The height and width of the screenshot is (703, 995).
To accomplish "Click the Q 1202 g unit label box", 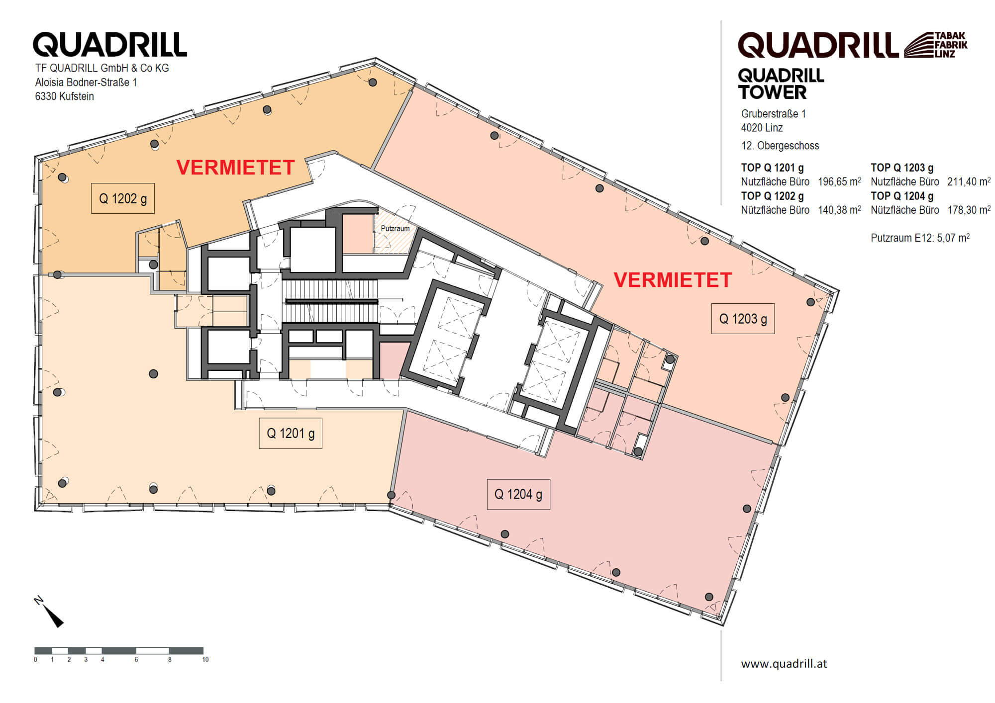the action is coord(123,198).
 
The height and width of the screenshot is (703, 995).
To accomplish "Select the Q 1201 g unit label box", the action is coord(291,433).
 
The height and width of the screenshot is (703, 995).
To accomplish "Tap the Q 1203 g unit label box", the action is coord(743,318).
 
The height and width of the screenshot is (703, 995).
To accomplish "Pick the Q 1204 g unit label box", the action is coord(518,494).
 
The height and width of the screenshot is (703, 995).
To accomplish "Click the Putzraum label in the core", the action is coord(395,229).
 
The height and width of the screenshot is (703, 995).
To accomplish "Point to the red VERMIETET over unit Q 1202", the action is coord(236,168).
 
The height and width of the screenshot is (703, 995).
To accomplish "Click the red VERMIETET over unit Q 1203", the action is coord(673,280).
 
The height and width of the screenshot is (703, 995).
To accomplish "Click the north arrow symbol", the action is coord(49,611).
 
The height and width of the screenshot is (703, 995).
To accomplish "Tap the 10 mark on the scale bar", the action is coord(205,660).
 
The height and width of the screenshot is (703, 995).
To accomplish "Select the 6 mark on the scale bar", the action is coord(136,660).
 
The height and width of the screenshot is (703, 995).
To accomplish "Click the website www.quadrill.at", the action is coord(784,664).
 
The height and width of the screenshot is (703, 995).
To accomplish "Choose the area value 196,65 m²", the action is coord(840,181).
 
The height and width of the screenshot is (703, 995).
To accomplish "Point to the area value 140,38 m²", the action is coord(840,210).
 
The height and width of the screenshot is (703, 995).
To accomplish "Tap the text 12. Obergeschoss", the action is coord(780,146).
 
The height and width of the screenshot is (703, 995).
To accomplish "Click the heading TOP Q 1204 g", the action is coord(902,196).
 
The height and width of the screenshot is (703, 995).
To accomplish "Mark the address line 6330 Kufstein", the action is coord(64,96).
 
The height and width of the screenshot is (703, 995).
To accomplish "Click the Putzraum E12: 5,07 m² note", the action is coord(920,238).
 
